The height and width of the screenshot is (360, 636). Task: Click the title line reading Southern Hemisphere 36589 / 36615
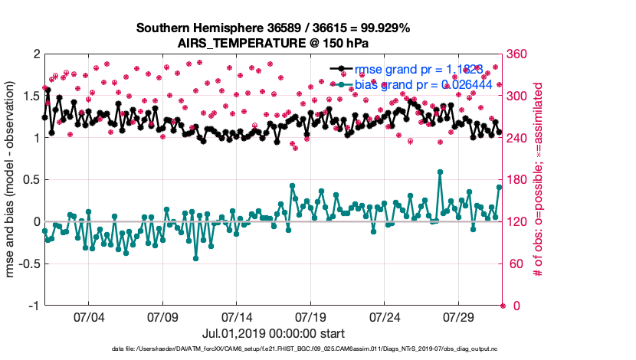pyautogui.click(x=273, y=28)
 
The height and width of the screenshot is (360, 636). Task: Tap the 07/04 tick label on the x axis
pyautogui.click(x=88, y=316)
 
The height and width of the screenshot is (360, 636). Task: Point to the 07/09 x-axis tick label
pyautogui.click(x=162, y=316)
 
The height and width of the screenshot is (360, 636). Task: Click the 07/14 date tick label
pyautogui.click(x=237, y=316)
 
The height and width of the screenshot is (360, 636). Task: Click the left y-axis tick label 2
pyautogui.click(x=36, y=54)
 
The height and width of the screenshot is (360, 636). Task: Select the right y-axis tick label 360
pyautogui.click(x=519, y=54)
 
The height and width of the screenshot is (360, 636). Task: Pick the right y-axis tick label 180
pyautogui.click(x=519, y=180)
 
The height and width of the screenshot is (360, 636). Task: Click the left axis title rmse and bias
pyautogui.click(x=11, y=180)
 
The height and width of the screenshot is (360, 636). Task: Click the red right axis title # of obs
pyautogui.click(x=538, y=180)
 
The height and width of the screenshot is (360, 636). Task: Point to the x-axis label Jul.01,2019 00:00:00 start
pyautogui.click(x=273, y=333)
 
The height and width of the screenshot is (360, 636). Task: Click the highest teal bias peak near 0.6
pyautogui.click(x=440, y=172)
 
